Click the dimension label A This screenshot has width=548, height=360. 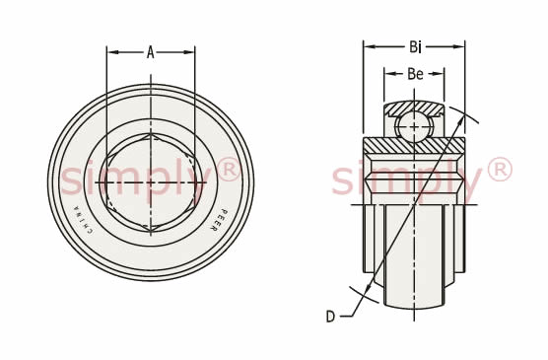pyautogui.click(x=150, y=52)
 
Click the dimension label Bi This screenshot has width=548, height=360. pyautogui.click(x=415, y=46)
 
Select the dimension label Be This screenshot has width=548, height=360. pyautogui.click(x=415, y=74)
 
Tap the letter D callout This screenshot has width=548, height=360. pyautogui.click(x=330, y=317)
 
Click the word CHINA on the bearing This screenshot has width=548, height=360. pyautogui.click(x=83, y=220)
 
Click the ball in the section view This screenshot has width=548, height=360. pyautogui.click(x=414, y=126)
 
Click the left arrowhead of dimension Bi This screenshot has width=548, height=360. pyautogui.click(x=370, y=46)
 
